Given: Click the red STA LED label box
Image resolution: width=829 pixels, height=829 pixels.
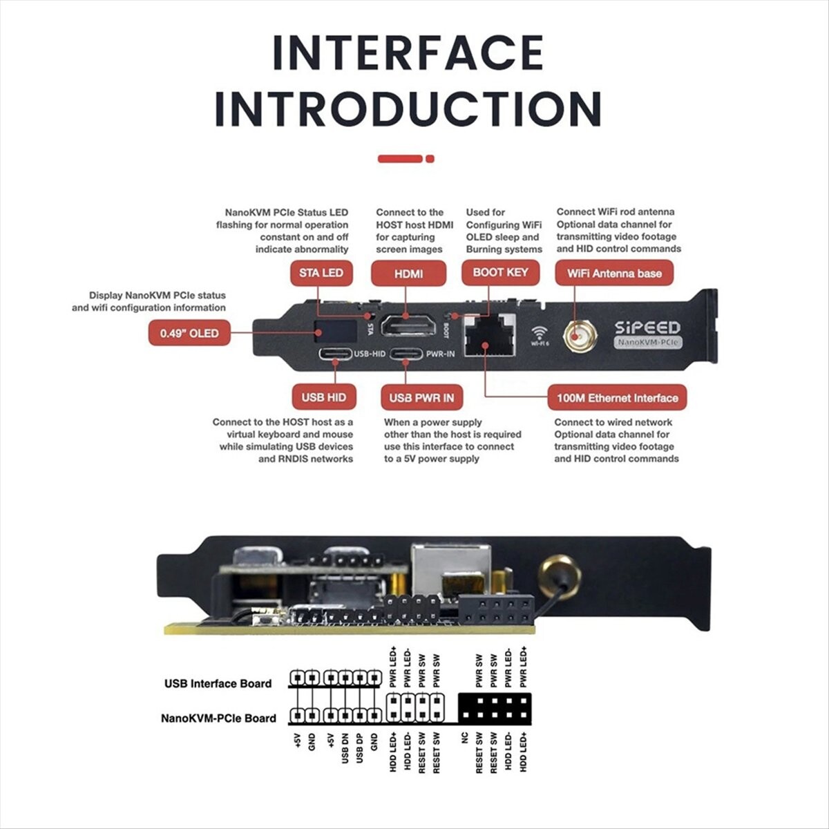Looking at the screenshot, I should click(321, 273).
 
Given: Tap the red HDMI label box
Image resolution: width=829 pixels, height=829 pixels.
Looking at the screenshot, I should click(408, 274).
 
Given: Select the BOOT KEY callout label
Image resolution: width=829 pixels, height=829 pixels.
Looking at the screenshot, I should click(499, 272).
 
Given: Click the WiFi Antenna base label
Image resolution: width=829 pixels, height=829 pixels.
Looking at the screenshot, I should click(614, 274).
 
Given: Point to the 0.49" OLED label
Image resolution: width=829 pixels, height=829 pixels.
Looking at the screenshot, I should click(189, 333).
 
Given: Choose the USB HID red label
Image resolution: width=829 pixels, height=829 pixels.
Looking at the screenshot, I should click(323, 397).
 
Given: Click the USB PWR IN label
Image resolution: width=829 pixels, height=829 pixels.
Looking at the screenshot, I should click(421, 398).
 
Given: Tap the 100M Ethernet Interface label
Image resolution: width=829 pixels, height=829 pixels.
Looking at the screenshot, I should click(617, 398).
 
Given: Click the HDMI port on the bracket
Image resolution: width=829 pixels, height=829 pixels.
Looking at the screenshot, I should click(408, 324).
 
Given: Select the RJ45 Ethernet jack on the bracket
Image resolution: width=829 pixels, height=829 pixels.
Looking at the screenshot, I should click(489, 335).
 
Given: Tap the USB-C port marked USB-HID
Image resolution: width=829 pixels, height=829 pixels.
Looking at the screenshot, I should click(335, 354).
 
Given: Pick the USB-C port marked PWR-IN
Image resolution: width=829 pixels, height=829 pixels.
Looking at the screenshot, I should click(406, 354).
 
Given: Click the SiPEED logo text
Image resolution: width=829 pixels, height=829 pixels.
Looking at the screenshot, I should click(647, 327).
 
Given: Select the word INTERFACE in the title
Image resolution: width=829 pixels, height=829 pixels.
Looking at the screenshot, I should click(408, 53).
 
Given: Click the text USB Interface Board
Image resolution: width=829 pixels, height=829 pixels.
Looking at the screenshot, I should click(218, 683).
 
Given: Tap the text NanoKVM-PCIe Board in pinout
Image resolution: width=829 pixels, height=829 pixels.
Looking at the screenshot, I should click(218, 718).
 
